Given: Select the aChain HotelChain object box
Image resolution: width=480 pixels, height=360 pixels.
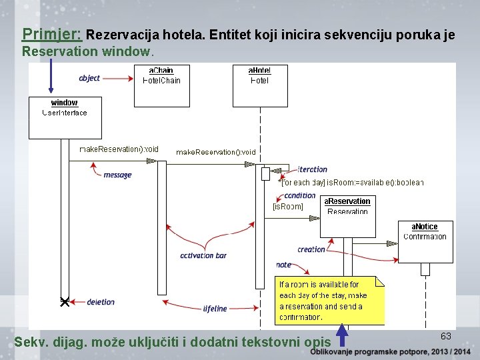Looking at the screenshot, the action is click(162, 85).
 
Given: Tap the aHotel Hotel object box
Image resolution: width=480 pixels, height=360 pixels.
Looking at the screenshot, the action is click(259, 85).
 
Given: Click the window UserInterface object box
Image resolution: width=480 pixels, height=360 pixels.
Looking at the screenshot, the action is click(64, 118).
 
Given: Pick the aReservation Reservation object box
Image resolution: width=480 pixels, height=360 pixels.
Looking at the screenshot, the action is click(347, 216).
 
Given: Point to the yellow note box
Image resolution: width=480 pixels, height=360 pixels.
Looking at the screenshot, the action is click(329, 300).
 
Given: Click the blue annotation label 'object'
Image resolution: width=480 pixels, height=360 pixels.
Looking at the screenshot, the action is click(89, 78).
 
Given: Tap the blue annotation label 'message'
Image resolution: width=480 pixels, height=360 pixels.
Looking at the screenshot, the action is click(117, 175).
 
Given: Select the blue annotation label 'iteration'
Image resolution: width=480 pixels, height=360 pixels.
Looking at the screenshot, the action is click(313, 169).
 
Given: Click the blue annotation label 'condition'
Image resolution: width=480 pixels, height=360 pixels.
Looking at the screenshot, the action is click(300, 195).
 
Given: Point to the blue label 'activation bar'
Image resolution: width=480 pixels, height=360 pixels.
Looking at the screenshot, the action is click(203, 255).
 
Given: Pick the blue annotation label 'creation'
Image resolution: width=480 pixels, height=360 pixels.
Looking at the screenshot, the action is click(311, 249).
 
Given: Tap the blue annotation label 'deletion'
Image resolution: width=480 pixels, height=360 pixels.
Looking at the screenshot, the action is click(101, 302).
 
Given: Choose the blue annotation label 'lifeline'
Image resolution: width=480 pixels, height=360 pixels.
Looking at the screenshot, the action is click(215, 309).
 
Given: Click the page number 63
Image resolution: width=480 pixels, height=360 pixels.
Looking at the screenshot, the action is click(446, 336).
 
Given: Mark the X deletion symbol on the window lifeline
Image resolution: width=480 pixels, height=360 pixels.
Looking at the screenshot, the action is click(65, 302).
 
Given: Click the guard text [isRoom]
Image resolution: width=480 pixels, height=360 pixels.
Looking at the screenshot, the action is click(287, 207).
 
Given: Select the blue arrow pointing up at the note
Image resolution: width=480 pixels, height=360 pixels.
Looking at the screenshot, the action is click(342, 335).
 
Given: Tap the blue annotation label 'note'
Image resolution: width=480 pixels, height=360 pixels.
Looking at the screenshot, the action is click(284, 265).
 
